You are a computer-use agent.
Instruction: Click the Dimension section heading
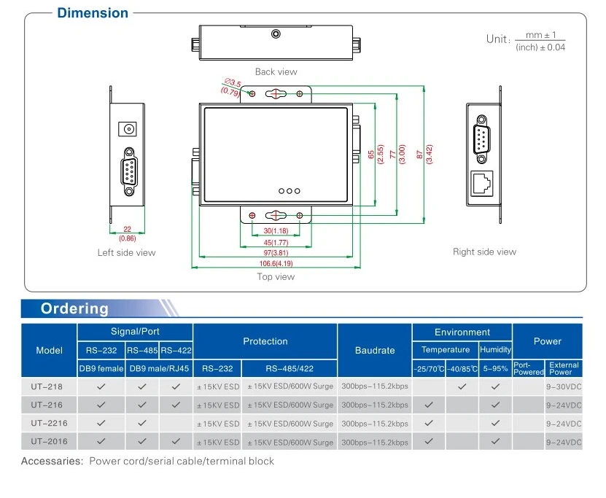93,12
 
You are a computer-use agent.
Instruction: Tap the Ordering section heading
74,308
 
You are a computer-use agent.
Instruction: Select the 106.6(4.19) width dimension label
276,263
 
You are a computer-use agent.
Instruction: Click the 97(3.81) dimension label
276,253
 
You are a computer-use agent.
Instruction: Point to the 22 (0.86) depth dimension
127,234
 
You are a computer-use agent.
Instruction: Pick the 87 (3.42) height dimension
424,155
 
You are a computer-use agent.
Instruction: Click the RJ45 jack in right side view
481,183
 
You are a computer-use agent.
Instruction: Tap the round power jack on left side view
128,128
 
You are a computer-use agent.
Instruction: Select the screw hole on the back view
276,34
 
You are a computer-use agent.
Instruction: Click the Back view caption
276,72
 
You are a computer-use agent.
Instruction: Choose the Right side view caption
484,252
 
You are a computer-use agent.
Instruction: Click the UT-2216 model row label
49,423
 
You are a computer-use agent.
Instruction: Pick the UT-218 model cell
47,386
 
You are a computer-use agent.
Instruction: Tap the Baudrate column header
375,351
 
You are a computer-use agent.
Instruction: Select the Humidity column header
495,350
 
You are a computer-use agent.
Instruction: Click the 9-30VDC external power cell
564,386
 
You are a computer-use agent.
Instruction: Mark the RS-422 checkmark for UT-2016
176,441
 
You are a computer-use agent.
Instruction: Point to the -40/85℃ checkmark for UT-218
462,386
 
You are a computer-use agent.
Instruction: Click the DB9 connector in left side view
129,171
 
